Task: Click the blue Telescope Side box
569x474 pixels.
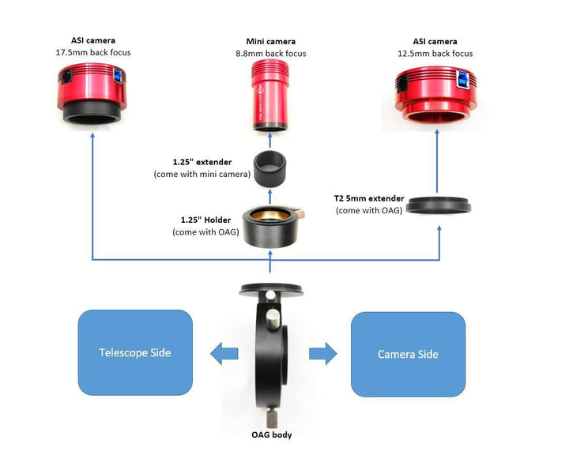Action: coord(135,352)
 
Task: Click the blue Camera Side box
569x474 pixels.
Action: coord(408,353)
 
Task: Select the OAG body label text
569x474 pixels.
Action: coord(271,434)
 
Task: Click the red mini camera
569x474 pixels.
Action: coord(272,96)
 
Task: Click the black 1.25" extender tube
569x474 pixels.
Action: coord(271,168)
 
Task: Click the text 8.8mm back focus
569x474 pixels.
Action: coord(271,54)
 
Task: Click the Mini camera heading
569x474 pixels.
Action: coord(271,42)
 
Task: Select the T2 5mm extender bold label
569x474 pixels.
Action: coord(370,199)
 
